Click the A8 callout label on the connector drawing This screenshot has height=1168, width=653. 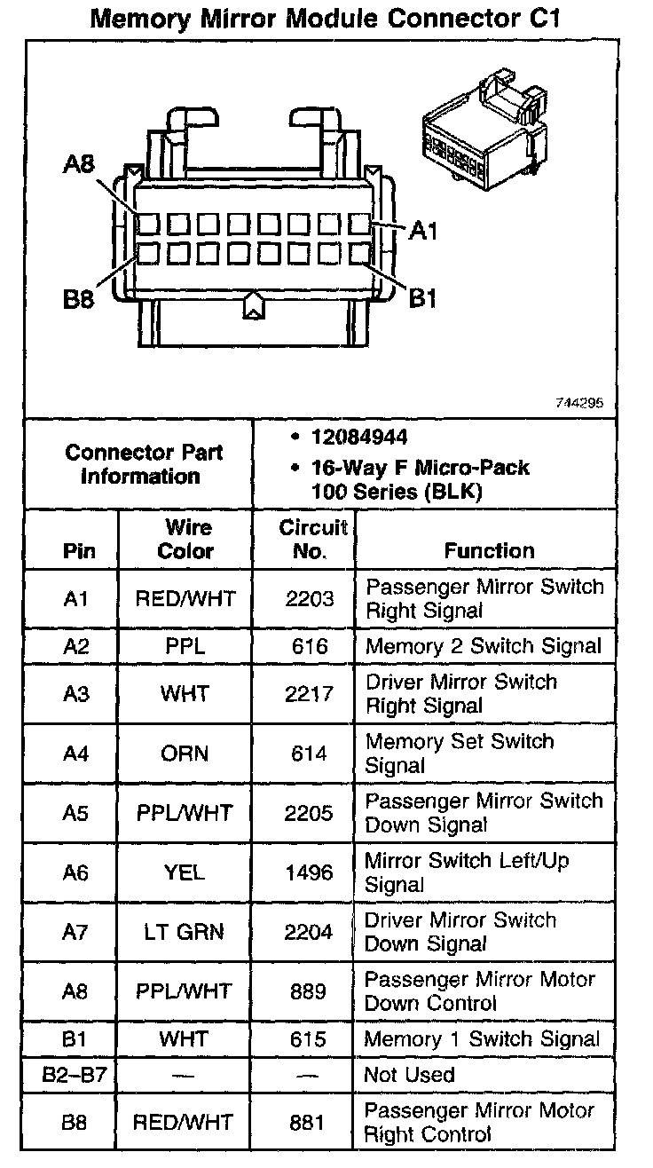tap(79, 165)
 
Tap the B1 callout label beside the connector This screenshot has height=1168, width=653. tap(423, 298)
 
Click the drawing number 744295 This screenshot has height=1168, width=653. tap(579, 402)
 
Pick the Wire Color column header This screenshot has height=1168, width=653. tap(185, 539)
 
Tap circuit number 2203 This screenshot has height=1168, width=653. tap(310, 599)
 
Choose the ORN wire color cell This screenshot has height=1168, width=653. tap(185, 754)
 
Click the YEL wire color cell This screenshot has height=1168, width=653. tap(185, 872)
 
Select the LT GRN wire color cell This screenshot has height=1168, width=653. tap(185, 932)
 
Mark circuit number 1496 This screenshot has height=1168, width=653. tap(310, 872)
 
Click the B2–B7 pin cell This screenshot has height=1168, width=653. tap(75, 1076)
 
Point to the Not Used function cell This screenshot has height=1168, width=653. tap(409, 1076)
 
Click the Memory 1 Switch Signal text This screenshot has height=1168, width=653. tap(482, 1039)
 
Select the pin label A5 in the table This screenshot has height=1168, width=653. tap(76, 813)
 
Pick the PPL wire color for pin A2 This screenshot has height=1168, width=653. tap(185, 647)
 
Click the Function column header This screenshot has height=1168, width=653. tap(489, 550)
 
